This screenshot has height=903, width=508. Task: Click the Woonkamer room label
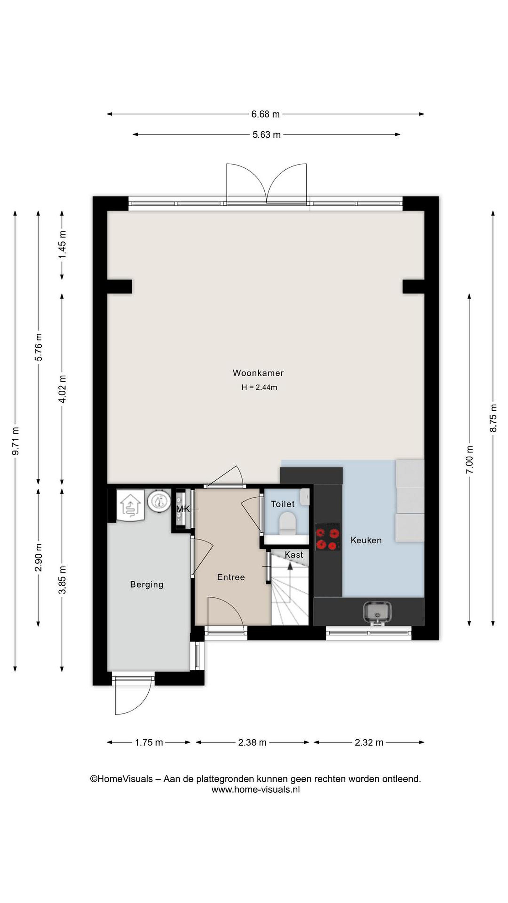coord(258,373)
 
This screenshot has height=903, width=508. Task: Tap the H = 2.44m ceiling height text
coord(259,387)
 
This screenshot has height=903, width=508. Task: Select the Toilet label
coord(283,504)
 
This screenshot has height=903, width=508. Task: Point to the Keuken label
coord(366,540)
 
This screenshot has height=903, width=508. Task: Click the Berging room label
coord(146,584)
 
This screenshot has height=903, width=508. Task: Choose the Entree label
coord(231,577)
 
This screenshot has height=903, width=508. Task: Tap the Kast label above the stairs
coord(294,555)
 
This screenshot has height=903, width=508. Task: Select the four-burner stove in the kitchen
coord(327,536)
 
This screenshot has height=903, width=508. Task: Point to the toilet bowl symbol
coord(288,524)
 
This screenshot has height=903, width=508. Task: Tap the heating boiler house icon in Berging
coord(130,506)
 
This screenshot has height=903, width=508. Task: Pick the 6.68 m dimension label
coord(265,114)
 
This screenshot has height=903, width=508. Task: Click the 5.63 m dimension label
coord(267,135)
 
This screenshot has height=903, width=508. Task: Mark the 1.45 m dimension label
coord(62,244)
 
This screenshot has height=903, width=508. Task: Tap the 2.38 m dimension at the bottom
coord(252,742)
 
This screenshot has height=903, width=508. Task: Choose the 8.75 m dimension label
coord(493,418)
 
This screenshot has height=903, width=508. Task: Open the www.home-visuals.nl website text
coord(256,789)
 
